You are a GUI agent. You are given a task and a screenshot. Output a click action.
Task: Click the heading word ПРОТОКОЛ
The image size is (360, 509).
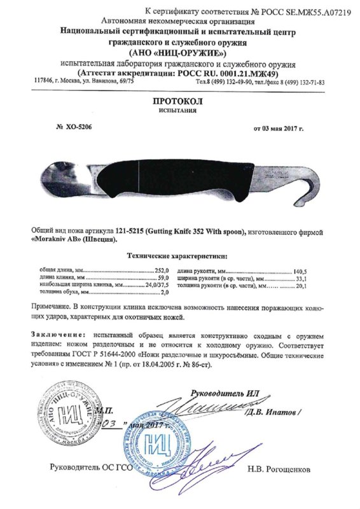[179, 101]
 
